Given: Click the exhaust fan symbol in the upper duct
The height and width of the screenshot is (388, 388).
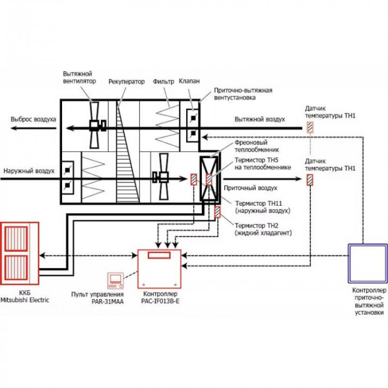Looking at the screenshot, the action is [x=95, y=125].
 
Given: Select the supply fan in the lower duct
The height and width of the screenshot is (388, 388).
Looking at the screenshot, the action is [x=162, y=177].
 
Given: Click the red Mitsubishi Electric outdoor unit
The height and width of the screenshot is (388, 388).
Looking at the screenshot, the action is [x=19, y=253].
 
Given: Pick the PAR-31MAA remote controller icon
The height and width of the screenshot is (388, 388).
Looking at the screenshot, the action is [x=115, y=280].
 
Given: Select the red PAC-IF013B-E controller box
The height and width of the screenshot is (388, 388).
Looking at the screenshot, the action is [x=160, y=269].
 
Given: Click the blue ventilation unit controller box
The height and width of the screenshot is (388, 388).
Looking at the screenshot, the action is [x=367, y=263].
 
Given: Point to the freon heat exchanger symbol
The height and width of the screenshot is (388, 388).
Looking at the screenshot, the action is [x=209, y=178].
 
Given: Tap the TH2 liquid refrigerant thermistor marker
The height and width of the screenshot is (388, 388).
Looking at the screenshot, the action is [x=217, y=212].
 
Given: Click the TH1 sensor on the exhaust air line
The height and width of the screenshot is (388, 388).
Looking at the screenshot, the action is [x=310, y=127].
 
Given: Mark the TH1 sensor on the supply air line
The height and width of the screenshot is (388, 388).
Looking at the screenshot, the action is [x=309, y=180].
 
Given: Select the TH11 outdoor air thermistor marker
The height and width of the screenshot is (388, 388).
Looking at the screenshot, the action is [x=193, y=180].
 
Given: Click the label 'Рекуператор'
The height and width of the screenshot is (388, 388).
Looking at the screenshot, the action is [x=126, y=81].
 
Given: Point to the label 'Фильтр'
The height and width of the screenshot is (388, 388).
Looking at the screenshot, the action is [x=164, y=81].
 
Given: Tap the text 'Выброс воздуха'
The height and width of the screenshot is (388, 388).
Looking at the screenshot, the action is [x=33, y=119].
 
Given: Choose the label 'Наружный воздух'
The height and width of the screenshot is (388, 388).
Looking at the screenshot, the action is [x=29, y=171].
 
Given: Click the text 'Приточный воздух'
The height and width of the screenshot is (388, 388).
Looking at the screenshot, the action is [x=251, y=188].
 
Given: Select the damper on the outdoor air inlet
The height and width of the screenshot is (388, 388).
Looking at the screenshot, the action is [x=67, y=178].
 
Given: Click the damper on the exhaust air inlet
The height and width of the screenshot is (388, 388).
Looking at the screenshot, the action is [x=193, y=125].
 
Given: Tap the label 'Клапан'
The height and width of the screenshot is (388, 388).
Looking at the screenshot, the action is [x=190, y=81].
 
